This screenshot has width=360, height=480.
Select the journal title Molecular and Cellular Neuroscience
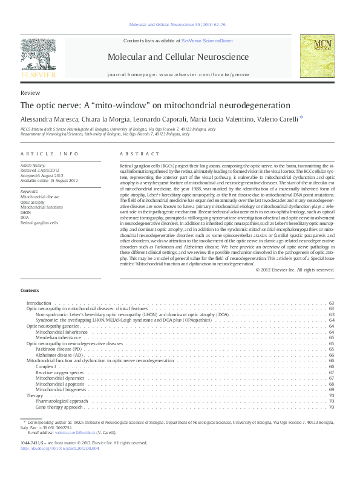(x=178, y=57)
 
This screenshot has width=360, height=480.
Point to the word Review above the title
(x=30, y=92)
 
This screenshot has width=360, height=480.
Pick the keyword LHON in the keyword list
(x=26, y=212)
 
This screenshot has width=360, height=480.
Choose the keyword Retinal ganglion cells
(x=39, y=222)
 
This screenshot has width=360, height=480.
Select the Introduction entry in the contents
(x=39, y=302)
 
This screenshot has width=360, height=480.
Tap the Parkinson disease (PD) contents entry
(x=58, y=349)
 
